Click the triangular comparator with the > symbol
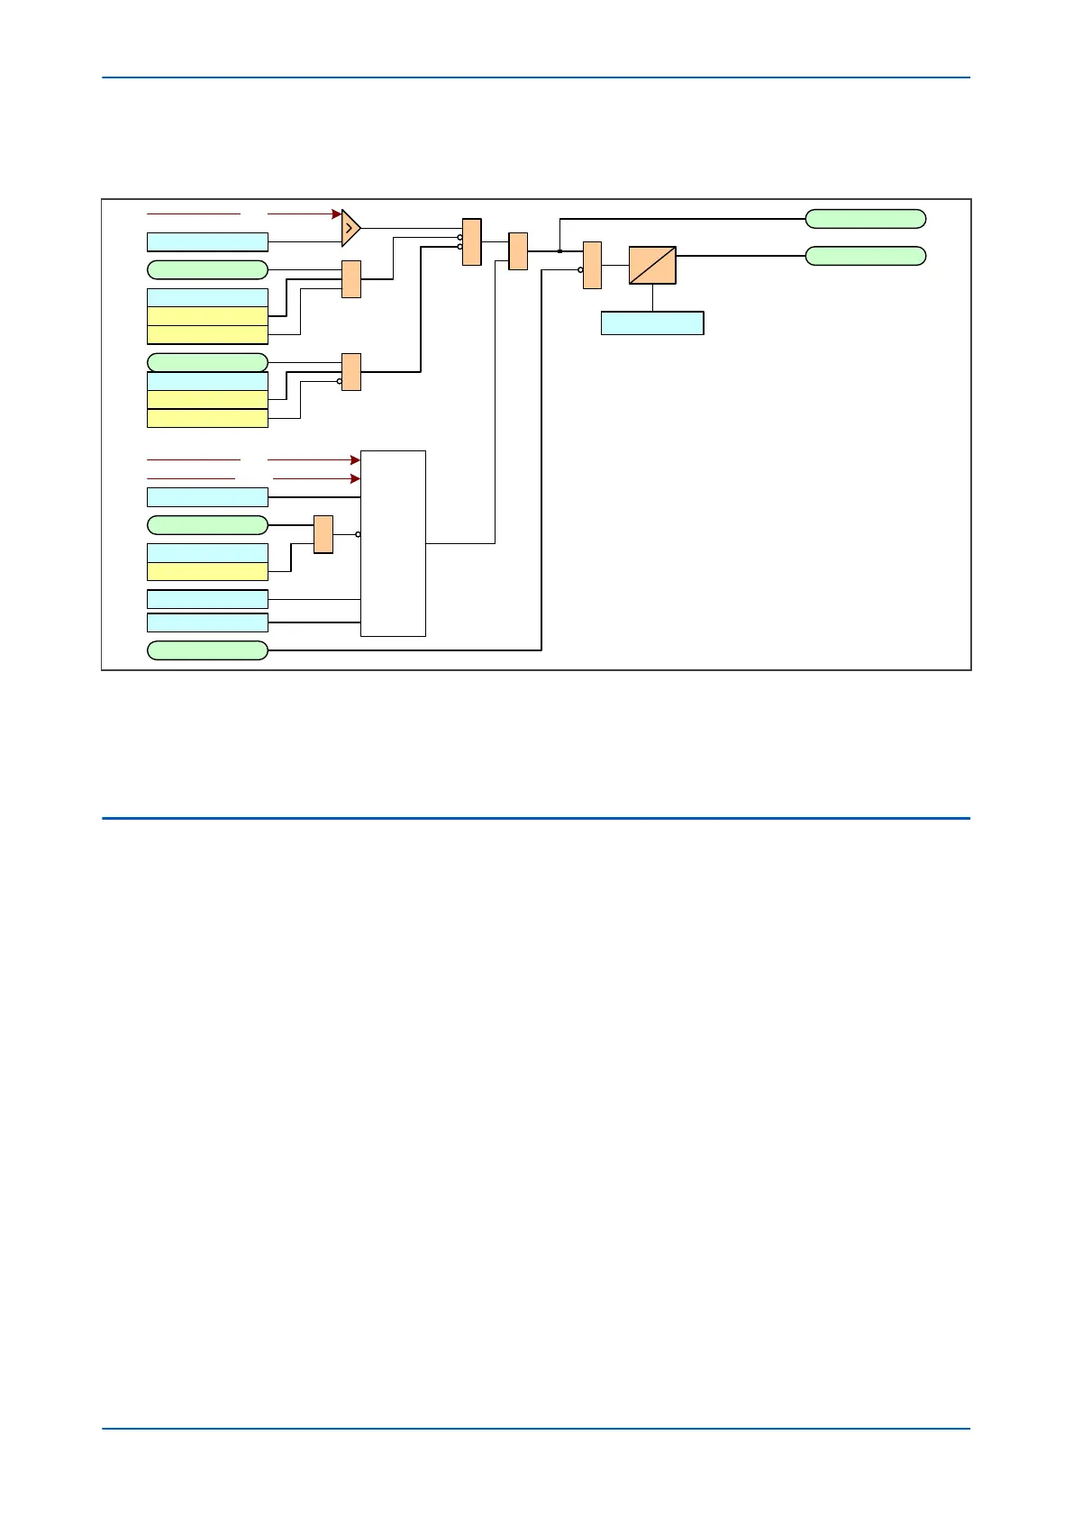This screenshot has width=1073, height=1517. tap(350, 229)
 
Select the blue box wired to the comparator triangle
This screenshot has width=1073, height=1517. tap(207, 241)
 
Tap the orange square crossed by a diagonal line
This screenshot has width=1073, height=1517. tap(652, 266)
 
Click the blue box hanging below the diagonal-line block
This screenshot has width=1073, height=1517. tap(652, 323)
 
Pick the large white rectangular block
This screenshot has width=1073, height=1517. tap(393, 543)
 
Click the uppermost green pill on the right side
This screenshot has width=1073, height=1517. tap(865, 219)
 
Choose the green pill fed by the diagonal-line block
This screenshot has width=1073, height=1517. tap(865, 256)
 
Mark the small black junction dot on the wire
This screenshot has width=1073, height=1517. tap(559, 251)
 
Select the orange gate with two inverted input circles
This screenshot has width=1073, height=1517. tap(472, 242)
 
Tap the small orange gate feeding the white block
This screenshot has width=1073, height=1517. tap(323, 534)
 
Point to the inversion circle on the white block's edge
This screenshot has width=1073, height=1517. tap(359, 534)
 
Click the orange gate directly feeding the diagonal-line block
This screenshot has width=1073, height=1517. tap(592, 265)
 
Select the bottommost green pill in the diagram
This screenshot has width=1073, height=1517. tap(207, 650)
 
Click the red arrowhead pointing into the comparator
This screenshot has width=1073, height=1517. tap(337, 214)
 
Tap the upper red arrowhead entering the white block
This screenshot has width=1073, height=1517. tap(355, 460)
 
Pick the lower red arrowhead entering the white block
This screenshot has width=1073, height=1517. tap(355, 479)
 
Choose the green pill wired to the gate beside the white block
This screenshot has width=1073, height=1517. tap(207, 525)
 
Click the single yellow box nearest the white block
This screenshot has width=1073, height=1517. tap(207, 572)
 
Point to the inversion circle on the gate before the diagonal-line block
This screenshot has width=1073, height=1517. tap(580, 269)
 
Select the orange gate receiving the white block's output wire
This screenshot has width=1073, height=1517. tap(518, 251)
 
